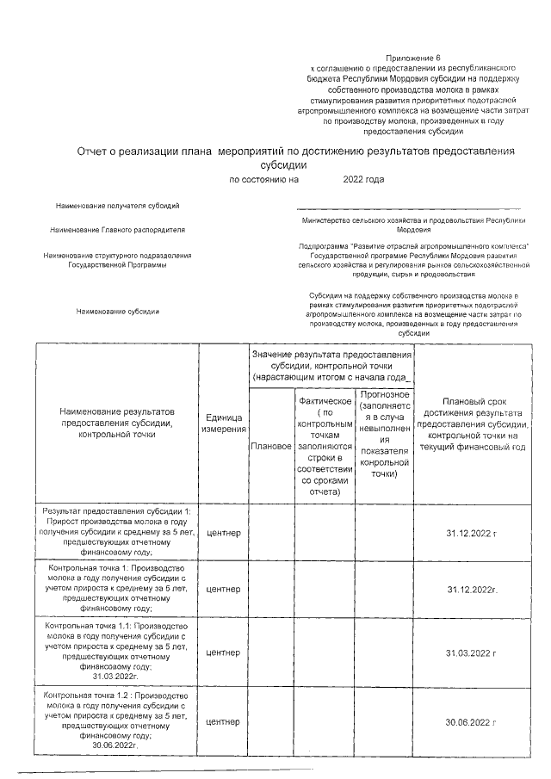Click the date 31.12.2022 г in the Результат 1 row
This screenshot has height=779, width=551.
point(472,534)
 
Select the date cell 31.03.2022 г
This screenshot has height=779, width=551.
point(472,653)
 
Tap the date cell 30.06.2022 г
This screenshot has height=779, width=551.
point(472,721)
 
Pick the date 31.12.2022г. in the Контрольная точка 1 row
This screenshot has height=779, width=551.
point(473,590)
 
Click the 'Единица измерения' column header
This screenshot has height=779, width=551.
point(224,424)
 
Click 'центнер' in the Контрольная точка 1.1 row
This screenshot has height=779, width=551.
point(224,653)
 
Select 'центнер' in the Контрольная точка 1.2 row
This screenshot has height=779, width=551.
point(224,721)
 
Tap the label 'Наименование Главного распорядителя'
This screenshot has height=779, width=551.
point(117,230)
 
